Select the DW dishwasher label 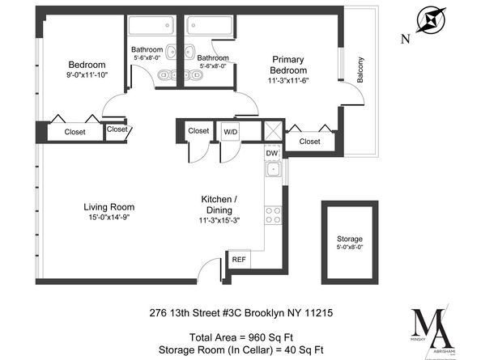(271, 152)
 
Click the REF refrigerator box (239, 260)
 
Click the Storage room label (350, 239)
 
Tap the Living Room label (109, 207)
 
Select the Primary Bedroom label (287, 64)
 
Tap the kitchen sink (274, 170)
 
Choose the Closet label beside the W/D (198, 130)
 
